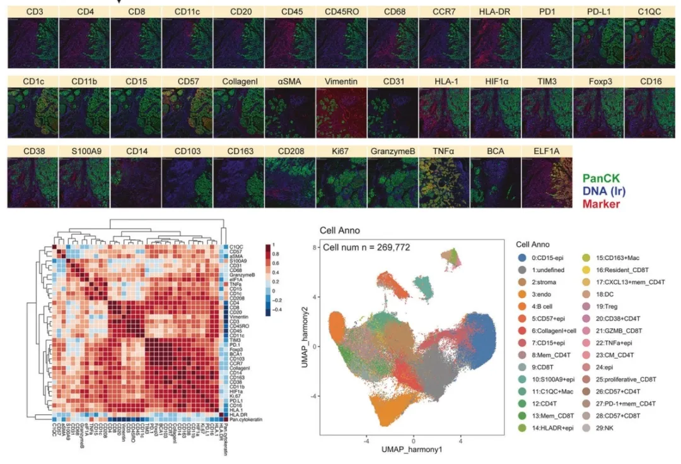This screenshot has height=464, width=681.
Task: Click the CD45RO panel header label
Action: click(341, 12)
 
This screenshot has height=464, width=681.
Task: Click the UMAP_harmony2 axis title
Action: click(307, 346)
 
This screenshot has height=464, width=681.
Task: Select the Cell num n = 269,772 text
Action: click(366, 247)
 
